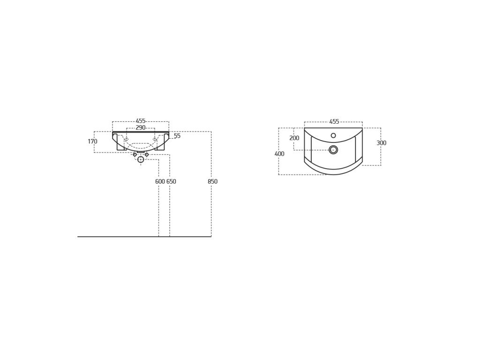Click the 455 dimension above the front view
(141, 121)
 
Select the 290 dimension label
(141, 127)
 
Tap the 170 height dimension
(92, 142)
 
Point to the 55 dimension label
(177, 135)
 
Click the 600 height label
(160, 181)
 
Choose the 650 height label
(171, 181)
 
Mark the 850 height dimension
(212, 181)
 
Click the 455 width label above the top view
(334, 121)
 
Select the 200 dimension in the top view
(294, 138)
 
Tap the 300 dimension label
(382, 143)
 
